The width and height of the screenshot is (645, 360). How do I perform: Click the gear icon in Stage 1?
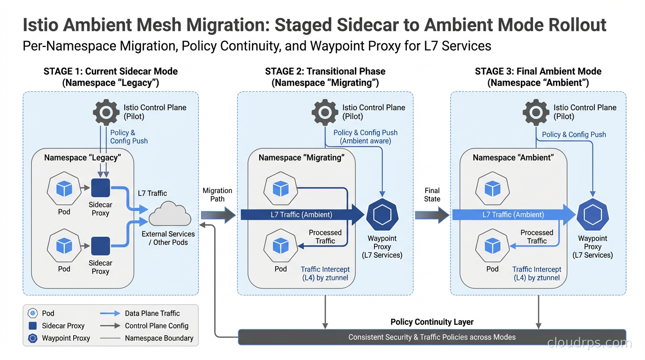point(106,112)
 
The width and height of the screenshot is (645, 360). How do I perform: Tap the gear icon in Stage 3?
point(536,112)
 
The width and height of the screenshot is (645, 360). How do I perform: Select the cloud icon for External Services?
point(170,215)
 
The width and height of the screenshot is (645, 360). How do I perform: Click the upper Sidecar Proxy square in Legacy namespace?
point(100,188)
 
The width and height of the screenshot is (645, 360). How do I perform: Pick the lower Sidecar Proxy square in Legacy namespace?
point(100,246)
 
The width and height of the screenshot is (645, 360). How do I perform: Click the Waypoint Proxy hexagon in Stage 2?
point(382,215)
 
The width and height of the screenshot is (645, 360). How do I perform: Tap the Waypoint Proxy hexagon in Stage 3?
point(592,215)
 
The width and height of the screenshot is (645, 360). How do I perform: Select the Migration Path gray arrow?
point(218,215)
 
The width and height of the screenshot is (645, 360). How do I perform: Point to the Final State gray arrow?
point(432,215)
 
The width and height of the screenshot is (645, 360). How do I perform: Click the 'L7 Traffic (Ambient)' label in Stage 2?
point(301,215)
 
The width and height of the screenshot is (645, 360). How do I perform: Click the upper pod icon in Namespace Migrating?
point(280,188)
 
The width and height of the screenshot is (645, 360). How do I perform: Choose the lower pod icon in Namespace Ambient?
point(492,246)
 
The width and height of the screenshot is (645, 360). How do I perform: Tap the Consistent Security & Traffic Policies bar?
point(432,337)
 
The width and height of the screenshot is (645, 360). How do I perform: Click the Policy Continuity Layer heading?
point(432,322)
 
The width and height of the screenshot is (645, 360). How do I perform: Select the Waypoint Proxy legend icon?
point(32,338)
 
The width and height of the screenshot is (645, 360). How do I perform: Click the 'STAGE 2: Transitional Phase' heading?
point(325,71)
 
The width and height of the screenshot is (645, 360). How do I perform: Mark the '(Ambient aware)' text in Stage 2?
point(365,141)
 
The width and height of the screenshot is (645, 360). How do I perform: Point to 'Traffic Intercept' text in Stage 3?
point(537,269)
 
